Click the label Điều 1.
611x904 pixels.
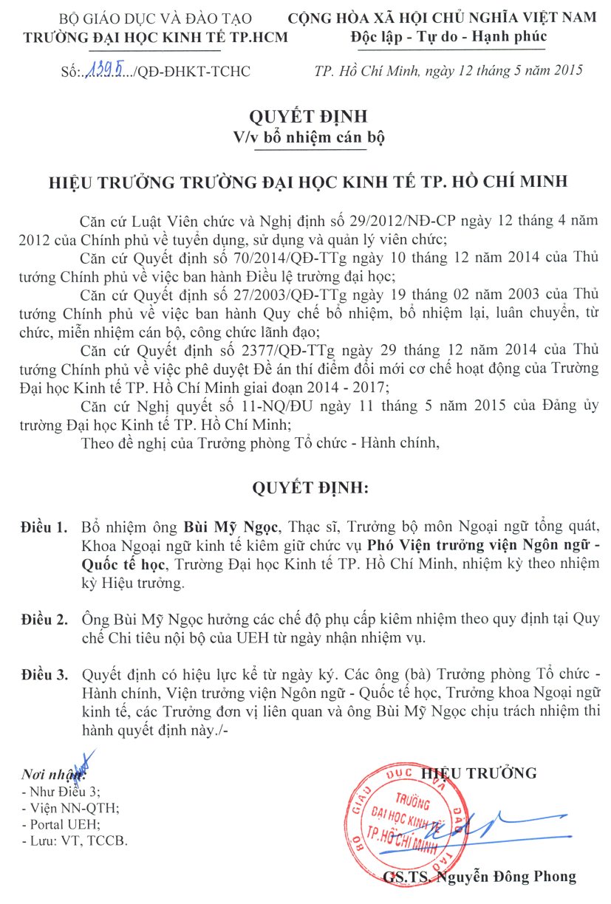pyautogui.click(x=44, y=529)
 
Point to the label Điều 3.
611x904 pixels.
pyautogui.click(x=44, y=675)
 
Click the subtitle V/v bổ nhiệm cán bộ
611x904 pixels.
pyautogui.click(x=309, y=137)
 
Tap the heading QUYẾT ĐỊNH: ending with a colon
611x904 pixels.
pyautogui.click(x=309, y=489)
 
